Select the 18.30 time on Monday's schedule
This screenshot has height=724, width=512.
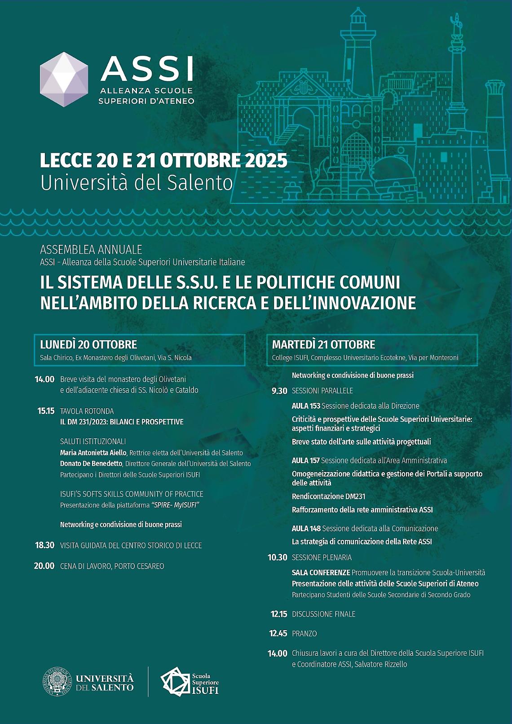click(44, 545)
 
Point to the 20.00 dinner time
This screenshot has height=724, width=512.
click(44, 566)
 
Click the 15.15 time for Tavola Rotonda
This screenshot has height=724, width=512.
click(46, 411)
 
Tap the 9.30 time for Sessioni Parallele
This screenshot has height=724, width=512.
click(279, 391)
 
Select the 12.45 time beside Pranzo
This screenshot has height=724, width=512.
click(278, 633)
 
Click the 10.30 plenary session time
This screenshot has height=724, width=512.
click(277, 557)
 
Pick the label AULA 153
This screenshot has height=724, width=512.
click(306, 406)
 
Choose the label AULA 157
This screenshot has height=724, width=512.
click(305, 460)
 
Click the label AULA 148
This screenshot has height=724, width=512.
click(306, 529)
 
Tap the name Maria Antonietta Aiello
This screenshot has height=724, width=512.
click(93, 453)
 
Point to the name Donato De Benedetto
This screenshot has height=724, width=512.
click(91, 464)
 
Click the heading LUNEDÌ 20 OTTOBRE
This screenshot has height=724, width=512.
click(88, 344)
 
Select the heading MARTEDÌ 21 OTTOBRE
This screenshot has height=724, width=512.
click(323, 344)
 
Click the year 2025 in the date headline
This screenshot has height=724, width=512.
click(266, 160)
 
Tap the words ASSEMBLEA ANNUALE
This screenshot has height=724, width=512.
click(91, 249)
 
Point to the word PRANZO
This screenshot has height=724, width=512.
click(304, 633)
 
